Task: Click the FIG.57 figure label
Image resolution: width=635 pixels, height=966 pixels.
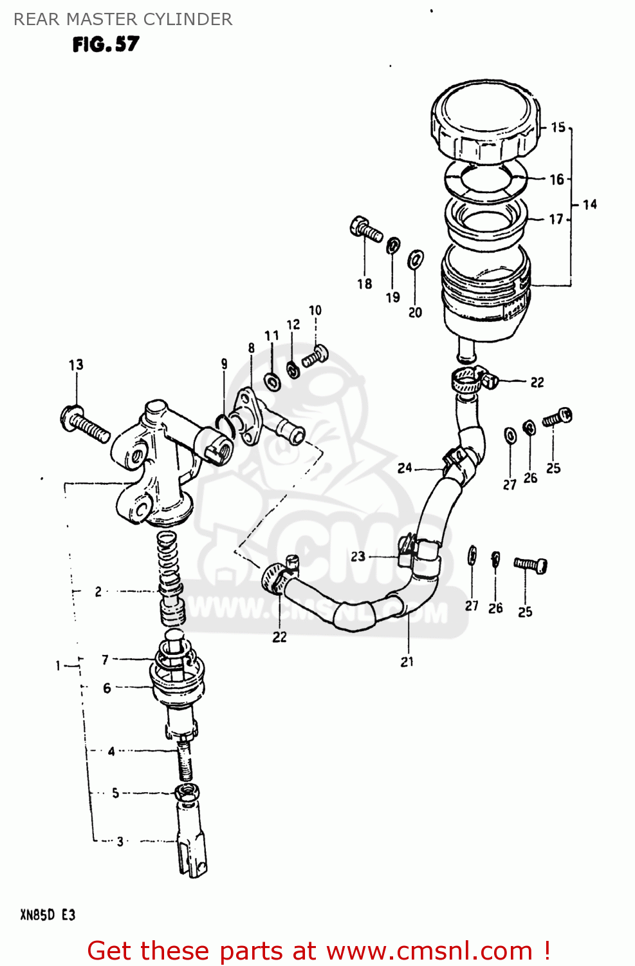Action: point(106,44)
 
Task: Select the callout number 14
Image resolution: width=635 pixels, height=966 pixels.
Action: point(589,205)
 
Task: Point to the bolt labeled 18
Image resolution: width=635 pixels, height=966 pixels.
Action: point(366,230)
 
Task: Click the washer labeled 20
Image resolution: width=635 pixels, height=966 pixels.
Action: point(416,260)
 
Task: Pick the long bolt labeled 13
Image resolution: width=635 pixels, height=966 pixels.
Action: point(86,424)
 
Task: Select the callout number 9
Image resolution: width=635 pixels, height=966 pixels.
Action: point(224,364)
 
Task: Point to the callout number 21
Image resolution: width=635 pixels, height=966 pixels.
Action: point(407,661)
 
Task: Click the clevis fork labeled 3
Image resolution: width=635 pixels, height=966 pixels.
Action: point(192,844)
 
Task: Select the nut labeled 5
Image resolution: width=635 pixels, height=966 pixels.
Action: point(186,791)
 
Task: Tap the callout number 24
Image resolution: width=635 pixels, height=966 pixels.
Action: point(405,468)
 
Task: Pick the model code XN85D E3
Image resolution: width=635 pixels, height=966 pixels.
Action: point(48,915)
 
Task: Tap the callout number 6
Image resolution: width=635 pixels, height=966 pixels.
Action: point(107,688)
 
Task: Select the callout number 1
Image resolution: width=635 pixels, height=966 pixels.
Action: point(58,665)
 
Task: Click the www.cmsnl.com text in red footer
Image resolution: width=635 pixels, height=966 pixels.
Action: point(429,951)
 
